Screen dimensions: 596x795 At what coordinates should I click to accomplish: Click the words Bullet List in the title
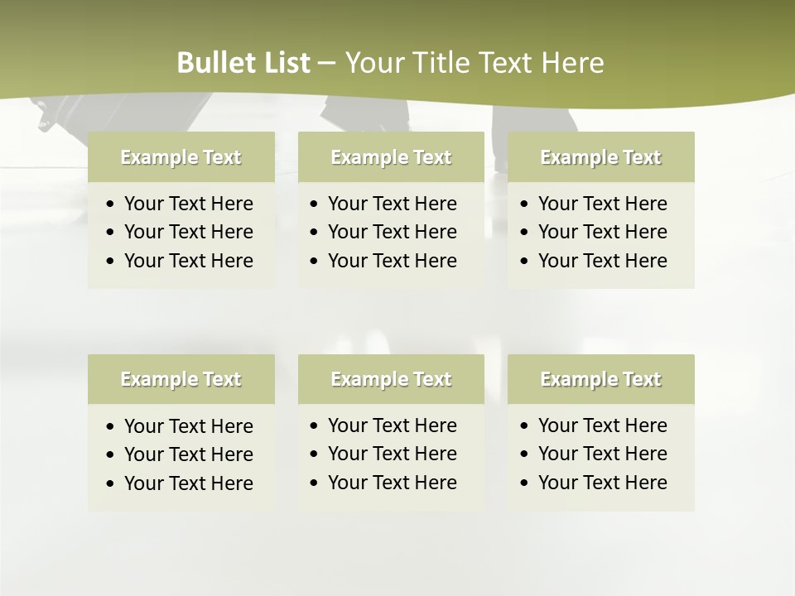click(x=243, y=63)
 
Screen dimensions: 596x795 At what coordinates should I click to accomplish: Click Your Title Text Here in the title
click(x=474, y=63)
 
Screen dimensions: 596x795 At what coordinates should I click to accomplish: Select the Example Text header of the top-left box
click(x=181, y=157)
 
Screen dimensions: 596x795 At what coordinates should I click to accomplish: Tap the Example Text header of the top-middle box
click(x=391, y=157)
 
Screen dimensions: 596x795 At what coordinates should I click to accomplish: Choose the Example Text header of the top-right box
click(x=600, y=157)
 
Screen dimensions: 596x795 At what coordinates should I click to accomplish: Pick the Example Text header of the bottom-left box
click(x=181, y=379)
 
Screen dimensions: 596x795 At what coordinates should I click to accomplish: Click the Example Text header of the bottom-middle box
click(x=391, y=379)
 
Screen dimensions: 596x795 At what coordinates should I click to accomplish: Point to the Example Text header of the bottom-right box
click(x=600, y=379)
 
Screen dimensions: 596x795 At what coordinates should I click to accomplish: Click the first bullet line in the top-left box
click(x=188, y=204)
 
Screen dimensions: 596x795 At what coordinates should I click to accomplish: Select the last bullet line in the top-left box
click(x=188, y=261)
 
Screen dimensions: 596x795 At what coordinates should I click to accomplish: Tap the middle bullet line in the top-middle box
click(x=392, y=232)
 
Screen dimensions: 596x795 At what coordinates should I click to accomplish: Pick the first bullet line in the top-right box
click(x=602, y=204)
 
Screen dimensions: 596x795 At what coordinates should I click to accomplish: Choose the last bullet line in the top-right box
click(x=602, y=261)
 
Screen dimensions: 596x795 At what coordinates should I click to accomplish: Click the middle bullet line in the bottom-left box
click(x=188, y=454)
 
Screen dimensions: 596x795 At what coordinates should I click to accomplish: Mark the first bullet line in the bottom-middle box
click(x=392, y=425)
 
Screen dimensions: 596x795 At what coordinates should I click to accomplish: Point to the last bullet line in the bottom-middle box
click(x=392, y=483)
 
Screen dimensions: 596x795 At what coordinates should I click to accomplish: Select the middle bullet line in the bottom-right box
click(x=602, y=454)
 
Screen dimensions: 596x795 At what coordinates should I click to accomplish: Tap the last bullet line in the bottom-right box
click(x=602, y=483)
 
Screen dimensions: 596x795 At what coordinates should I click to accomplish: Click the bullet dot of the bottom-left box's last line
click(x=111, y=484)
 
